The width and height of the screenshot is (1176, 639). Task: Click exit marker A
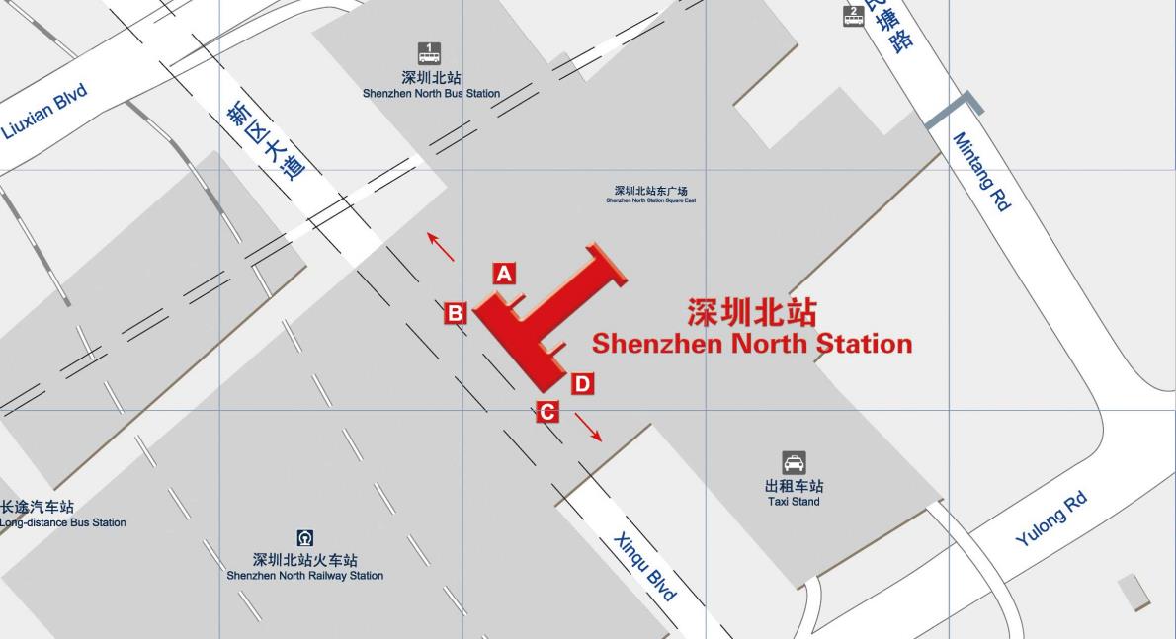[504, 274]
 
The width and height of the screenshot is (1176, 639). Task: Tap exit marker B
[455, 313]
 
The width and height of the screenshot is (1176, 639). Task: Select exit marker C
[547, 412]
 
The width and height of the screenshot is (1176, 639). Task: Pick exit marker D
[582, 384]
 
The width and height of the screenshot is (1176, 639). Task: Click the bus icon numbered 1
[429, 53]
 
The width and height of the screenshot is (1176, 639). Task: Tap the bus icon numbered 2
[854, 16]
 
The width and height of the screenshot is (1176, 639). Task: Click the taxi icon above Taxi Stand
[794, 462]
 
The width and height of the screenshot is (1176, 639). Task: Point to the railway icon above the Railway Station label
[305, 538]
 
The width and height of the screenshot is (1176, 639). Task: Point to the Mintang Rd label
[981, 172]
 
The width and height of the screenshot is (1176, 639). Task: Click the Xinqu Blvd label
[645, 566]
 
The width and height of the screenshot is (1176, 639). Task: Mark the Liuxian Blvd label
[45, 111]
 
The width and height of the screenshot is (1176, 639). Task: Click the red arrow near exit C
[588, 427]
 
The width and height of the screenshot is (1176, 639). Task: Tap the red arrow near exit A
[441, 247]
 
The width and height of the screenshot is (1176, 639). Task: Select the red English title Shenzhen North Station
[751, 344]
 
